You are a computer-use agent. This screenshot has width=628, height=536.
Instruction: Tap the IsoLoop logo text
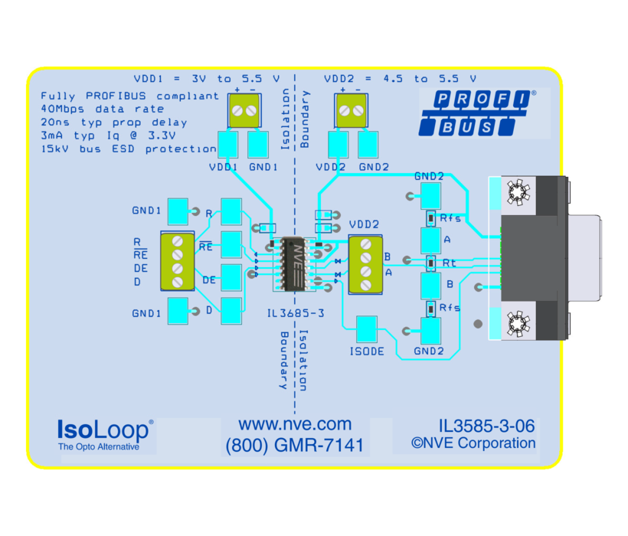coord(104,428)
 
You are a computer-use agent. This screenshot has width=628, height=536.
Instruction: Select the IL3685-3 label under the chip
coord(296,313)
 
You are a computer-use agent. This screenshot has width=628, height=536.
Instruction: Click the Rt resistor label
coord(450,263)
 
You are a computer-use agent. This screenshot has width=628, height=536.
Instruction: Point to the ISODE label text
coord(367,351)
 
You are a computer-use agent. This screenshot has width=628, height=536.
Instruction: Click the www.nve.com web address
coord(295,424)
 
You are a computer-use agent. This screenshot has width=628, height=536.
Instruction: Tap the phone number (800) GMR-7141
coord(295,445)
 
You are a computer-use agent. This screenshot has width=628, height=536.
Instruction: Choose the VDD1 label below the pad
coord(223,167)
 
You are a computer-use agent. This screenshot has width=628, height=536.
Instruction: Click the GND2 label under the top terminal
coord(375,167)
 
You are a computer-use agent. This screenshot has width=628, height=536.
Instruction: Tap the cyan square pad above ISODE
coord(367,328)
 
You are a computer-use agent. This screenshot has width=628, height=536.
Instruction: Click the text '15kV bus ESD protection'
coord(129,149)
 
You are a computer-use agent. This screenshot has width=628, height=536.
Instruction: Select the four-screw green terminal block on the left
coord(177,260)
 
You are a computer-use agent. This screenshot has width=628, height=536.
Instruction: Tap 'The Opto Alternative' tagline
coord(99,446)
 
